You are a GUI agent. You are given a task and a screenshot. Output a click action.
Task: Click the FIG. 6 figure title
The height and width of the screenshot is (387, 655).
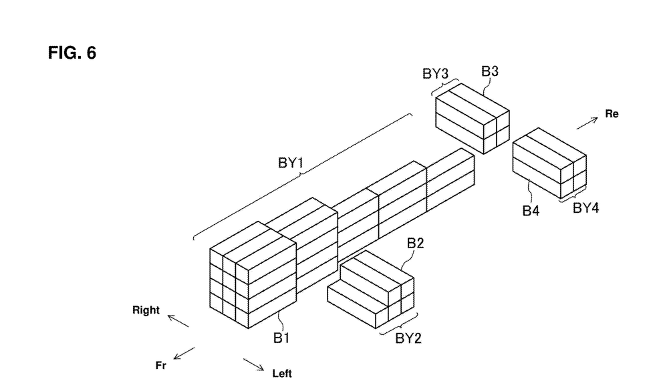click(72, 53)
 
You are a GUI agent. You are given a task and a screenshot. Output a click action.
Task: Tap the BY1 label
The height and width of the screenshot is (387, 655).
click(290, 163)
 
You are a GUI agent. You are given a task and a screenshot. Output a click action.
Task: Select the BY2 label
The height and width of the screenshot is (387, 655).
click(408, 338)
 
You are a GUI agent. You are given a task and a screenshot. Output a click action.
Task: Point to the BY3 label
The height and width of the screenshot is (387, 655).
click(435, 73)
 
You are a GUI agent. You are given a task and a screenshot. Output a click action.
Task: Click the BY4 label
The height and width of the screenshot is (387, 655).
click(585, 208)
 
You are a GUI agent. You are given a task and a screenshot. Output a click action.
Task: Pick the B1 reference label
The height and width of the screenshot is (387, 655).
click(281, 338)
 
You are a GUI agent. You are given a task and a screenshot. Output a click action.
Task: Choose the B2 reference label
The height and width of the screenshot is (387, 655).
click(415, 243)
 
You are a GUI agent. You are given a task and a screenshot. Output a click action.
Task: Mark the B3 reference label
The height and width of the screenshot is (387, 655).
click(489, 71)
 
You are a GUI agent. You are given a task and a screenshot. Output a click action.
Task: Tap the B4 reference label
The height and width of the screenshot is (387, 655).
click(531, 211)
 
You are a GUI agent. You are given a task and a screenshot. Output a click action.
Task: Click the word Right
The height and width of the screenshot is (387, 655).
click(146, 310)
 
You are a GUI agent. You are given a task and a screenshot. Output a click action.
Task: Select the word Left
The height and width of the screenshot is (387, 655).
click(282, 373)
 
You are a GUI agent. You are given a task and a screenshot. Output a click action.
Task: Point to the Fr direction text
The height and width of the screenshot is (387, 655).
click(161, 366)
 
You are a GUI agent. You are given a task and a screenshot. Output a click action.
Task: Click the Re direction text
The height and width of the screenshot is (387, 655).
click(612, 114)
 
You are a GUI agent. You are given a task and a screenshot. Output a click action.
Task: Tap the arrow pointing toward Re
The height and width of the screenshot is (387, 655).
click(587, 123)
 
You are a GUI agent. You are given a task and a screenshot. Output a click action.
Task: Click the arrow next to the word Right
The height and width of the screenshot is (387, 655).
click(178, 321)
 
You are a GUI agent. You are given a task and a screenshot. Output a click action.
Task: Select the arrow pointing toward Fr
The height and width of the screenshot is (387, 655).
click(184, 353)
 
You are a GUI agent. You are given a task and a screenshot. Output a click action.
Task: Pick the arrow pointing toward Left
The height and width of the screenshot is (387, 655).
click(253, 364)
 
